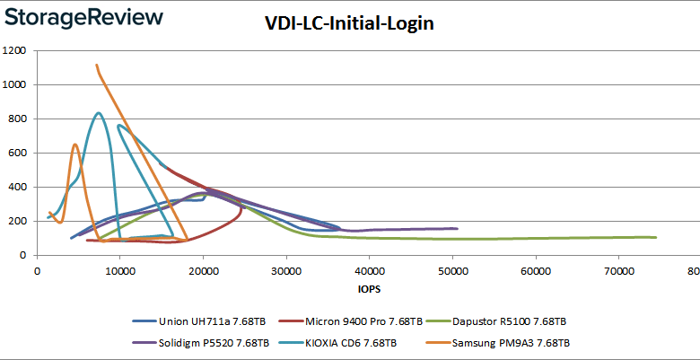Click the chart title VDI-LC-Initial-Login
350,24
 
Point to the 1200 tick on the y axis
15,51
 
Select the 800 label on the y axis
19,119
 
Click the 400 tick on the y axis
19,187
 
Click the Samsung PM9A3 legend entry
503,343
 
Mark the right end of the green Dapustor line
656,237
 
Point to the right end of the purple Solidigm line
457,229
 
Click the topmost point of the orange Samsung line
96,66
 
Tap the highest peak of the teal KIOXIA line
98,113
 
